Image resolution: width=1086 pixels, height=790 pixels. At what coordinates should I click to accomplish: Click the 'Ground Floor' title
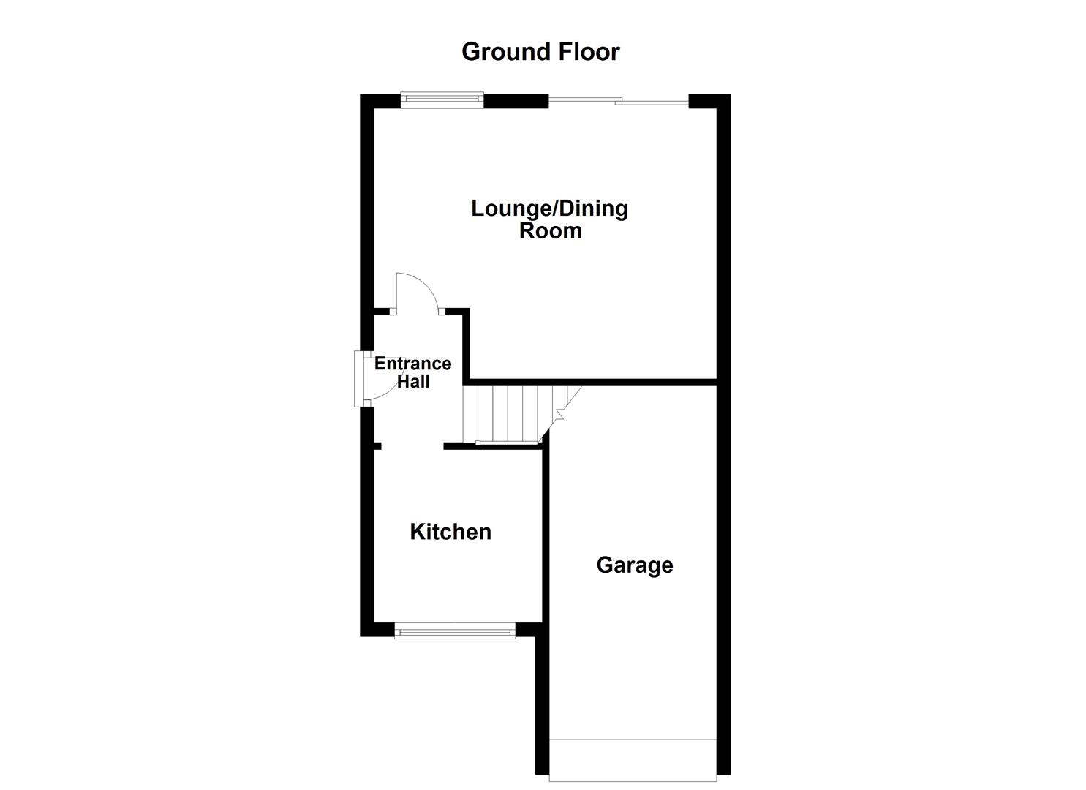540,52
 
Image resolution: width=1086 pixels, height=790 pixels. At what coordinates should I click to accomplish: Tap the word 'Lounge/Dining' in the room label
549,208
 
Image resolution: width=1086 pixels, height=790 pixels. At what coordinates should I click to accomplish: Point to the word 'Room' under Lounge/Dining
550,231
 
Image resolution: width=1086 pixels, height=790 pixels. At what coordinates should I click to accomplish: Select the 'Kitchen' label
450,532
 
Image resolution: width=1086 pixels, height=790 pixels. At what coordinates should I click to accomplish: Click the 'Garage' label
634,565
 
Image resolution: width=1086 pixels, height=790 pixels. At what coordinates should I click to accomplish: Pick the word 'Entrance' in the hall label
412,364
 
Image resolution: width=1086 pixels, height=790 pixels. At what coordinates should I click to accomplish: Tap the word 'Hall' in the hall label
413,381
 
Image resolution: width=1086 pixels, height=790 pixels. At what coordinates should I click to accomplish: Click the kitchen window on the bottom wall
454,630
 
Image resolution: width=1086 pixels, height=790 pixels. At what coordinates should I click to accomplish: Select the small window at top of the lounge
442,99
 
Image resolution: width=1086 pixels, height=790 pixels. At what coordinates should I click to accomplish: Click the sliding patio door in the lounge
618,102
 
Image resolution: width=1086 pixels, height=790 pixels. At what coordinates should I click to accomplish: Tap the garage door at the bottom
633,759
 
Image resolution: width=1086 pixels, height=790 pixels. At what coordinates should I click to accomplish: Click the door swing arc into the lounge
417,293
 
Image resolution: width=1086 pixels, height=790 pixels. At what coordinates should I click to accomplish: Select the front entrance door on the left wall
359,378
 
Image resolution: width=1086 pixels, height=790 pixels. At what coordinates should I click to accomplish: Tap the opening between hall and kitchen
412,445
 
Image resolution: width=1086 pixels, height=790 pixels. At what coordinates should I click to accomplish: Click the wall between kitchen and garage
546,534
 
